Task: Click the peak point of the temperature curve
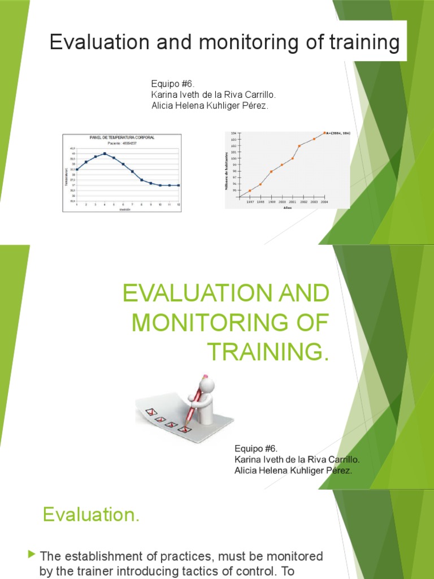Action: click(105, 153)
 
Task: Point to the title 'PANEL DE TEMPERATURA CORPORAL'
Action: click(122, 137)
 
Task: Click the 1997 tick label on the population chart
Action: click(250, 201)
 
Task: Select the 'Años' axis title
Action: click(288, 207)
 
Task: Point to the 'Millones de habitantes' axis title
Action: click(228, 170)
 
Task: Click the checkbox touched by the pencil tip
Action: click(183, 429)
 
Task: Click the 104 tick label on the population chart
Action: click(233, 133)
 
